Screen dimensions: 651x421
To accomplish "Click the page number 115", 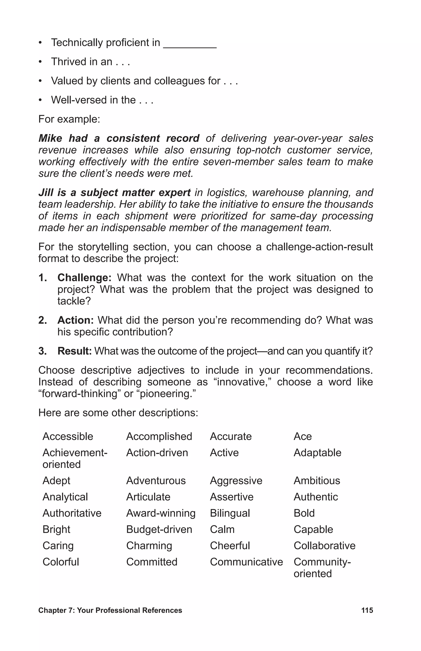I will pyautogui.click(x=367, y=610).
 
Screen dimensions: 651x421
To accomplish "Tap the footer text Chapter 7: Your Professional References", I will pyautogui.click(x=110, y=610).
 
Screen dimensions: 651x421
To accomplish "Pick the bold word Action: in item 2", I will pyautogui.click(x=76, y=320).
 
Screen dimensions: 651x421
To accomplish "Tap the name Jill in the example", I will pyautogui.click(x=45, y=193).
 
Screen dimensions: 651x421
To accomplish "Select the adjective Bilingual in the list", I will pyautogui.click(x=230, y=513).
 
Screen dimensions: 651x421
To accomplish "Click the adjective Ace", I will pyautogui.click(x=302, y=436).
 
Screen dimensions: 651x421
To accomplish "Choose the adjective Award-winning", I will pyautogui.click(x=161, y=513).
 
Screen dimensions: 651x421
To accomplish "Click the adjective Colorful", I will pyautogui.click(x=61, y=562).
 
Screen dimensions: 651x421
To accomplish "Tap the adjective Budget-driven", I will pyautogui.click(x=159, y=529).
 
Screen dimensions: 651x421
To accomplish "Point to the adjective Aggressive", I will pyautogui.click(x=236, y=481).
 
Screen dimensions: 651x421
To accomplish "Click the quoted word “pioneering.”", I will pyautogui.click(x=168, y=394).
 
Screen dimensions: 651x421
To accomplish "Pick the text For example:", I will pyautogui.click(x=69, y=119).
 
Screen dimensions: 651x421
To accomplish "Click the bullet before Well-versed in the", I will pyautogui.click(x=40, y=100).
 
